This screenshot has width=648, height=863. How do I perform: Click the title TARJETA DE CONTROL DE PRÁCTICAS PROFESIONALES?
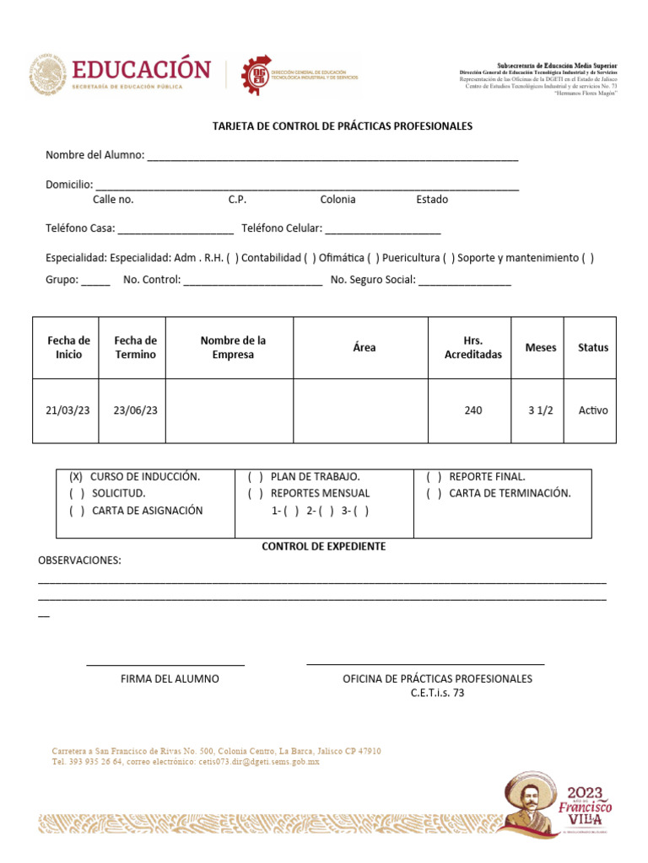pyautogui.click(x=342, y=126)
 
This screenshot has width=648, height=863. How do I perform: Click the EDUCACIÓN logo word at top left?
pyautogui.click(x=140, y=69)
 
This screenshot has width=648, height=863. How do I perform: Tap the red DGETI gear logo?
pyautogui.click(x=256, y=74)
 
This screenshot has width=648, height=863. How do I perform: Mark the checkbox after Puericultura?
pyautogui.click(x=448, y=258)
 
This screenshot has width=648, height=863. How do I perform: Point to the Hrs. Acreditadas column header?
pyautogui.click(x=472, y=347)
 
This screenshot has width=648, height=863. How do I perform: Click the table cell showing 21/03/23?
pyautogui.click(x=67, y=410)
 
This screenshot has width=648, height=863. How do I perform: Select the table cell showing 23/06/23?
pyautogui.click(x=135, y=410)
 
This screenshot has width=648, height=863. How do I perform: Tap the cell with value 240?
pyautogui.click(x=473, y=410)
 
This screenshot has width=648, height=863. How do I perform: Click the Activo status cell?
pyautogui.click(x=592, y=410)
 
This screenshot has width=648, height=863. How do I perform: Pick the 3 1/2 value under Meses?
pyautogui.click(x=541, y=410)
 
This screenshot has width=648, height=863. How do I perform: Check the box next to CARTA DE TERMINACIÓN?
pyautogui.click(x=434, y=493)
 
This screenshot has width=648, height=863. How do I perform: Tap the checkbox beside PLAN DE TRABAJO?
pyautogui.click(x=256, y=476)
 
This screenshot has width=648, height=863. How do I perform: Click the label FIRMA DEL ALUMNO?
pyautogui.click(x=170, y=678)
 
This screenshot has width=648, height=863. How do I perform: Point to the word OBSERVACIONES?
pyautogui.click(x=80, y=561)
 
